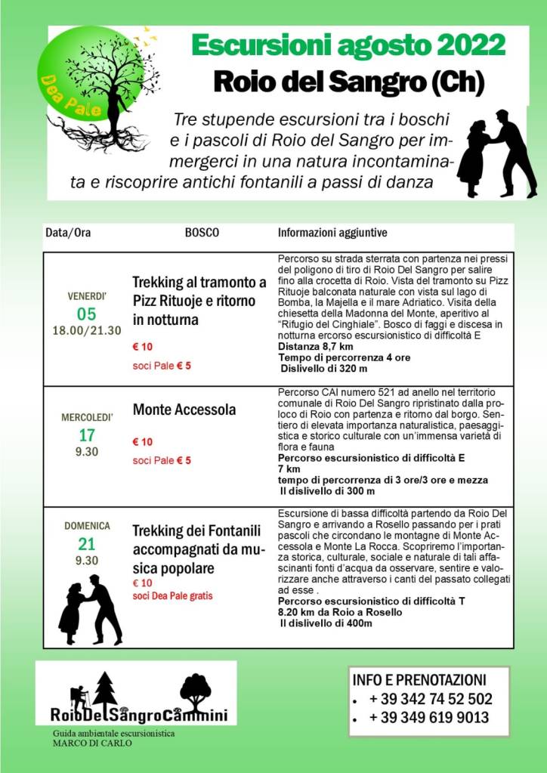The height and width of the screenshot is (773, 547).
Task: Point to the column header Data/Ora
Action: point(68,233)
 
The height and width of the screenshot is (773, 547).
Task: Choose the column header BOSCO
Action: point(202,233)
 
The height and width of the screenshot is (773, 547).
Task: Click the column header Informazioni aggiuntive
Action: point(332,233)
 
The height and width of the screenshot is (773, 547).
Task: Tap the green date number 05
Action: point(87,314)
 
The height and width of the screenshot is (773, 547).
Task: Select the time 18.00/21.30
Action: point(87,330)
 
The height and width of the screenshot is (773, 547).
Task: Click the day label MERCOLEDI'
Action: point(87,418)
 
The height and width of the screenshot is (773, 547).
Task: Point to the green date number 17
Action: point(87,435)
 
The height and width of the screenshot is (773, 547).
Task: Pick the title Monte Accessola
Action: point(184,410)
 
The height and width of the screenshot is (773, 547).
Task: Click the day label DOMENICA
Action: point(87,526)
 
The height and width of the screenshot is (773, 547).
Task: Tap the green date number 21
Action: point(87,544)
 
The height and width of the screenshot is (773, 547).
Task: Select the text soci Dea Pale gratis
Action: point(172,595)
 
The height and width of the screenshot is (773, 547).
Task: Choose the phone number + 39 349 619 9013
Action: point(429,718)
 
